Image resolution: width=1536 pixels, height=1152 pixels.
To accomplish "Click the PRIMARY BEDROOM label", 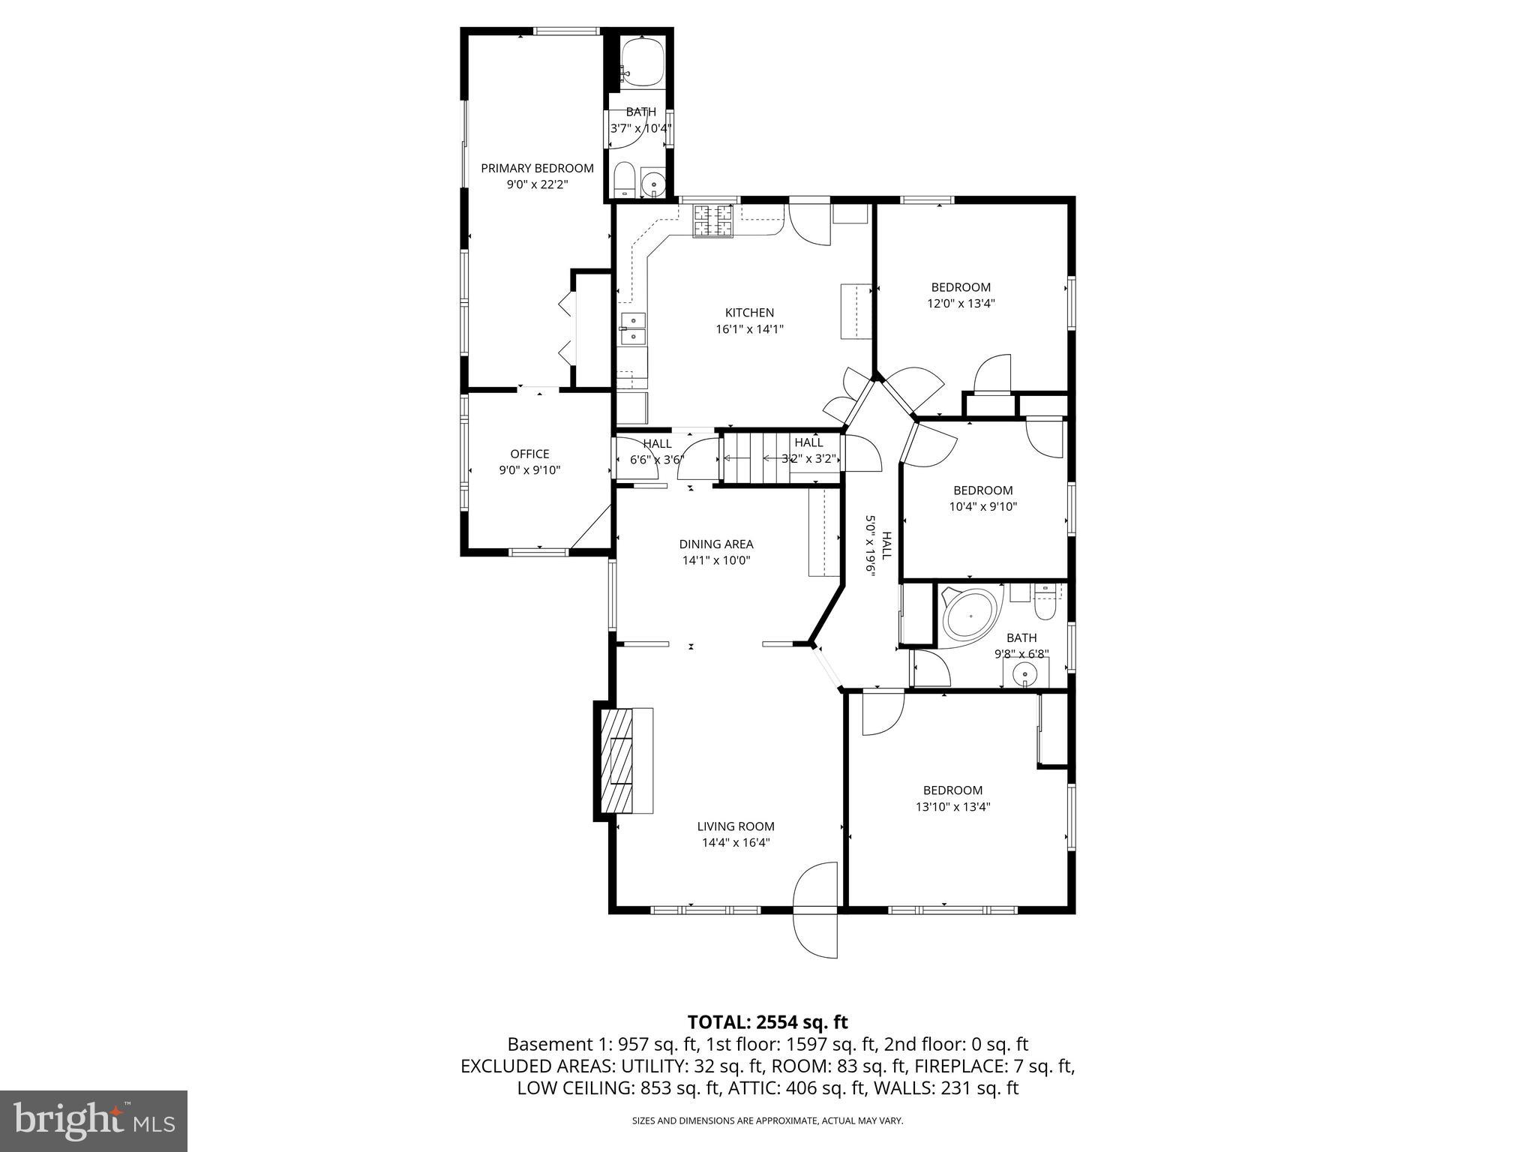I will [537, 168].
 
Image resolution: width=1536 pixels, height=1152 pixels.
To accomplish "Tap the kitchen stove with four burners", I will [712, 220].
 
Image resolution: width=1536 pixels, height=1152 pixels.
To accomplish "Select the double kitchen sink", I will [632, 328].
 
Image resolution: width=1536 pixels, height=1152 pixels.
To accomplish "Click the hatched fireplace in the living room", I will [618, 760].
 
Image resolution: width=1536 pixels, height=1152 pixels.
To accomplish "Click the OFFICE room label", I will [529, 454].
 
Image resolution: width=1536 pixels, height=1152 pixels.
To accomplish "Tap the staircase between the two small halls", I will [757, 457].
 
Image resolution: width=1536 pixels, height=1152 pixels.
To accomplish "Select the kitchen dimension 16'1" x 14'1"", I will [749, 328].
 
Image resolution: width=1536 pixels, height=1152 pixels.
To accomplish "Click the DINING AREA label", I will [715, 544].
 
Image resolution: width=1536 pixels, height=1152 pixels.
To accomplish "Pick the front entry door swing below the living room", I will [815, 933].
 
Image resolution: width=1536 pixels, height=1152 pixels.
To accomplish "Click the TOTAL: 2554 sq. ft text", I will [767, 1021].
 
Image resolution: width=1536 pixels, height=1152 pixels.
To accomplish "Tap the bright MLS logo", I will [94, 1121].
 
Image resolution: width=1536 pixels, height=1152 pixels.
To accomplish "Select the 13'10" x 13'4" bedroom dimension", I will [952, 807].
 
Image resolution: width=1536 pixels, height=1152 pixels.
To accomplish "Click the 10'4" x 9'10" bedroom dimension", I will [982, 506].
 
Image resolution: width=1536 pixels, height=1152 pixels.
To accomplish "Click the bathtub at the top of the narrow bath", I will [643, 62].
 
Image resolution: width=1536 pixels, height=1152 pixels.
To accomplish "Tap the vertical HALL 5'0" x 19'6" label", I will [878, 544].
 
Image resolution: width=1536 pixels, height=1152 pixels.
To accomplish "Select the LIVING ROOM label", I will [735, 826].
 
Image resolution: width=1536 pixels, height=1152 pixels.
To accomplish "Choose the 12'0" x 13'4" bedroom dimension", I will [961, 304].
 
